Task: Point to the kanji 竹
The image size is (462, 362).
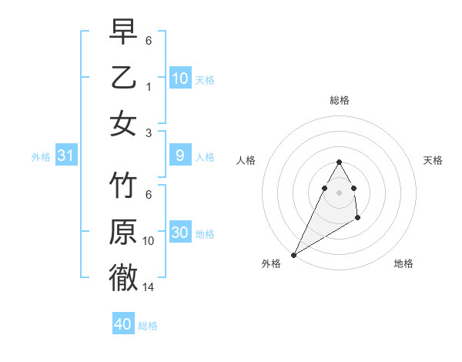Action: pos(123,186)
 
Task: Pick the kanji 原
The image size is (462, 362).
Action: pos(123,233)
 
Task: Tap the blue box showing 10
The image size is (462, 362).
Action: pos(180,79)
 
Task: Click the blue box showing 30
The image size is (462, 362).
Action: pos(180,233)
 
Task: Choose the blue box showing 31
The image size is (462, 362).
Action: pos(66,156)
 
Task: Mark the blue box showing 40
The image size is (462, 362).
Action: pos(123,324)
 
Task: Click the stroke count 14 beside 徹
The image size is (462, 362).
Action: pos(149,287)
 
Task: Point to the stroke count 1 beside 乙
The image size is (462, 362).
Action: pos(149,86)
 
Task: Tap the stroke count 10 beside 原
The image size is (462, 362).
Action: pos(149,241)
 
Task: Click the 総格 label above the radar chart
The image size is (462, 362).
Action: pos(339,100)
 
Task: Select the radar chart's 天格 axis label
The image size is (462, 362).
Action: pos(433,160)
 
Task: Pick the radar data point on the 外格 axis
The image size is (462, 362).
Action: pos(293,255)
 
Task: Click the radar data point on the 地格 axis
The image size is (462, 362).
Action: pos(358,219)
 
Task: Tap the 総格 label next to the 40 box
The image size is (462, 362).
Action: pos(148,326)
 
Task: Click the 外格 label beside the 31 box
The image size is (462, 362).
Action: pos(41,157)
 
